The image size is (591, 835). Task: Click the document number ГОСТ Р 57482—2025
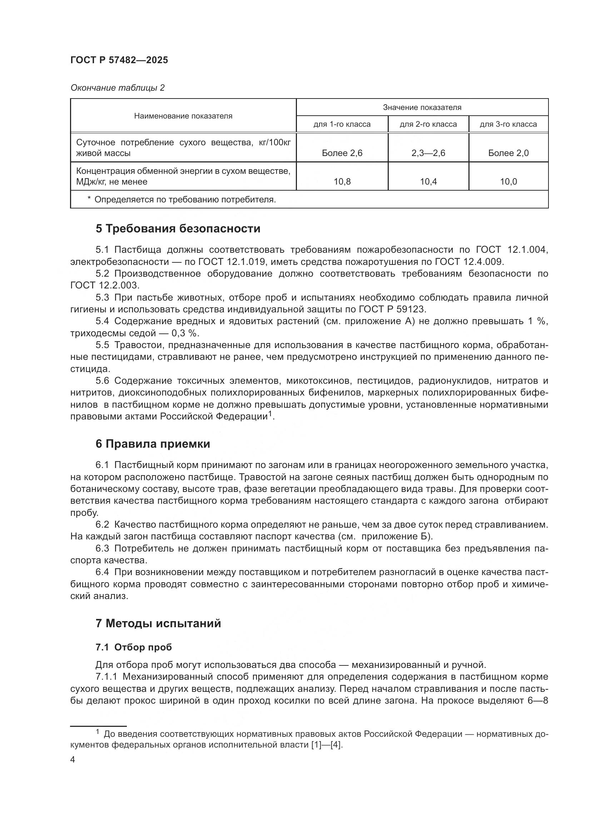tap(119, 60)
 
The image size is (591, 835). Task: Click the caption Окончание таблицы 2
tap(117, 88)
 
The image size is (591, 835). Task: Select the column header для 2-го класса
tap(428, 124)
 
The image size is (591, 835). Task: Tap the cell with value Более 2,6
tap(342, 153)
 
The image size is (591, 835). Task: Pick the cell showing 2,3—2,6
tap(428, 153)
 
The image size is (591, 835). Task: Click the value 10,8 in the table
tap(342, 182)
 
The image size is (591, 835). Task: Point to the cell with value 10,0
tap(508, 182)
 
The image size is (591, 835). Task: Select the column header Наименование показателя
tap(183, 116)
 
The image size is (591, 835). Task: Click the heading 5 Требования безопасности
tap(178, 229)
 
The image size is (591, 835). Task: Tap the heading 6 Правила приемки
tap(153, 444)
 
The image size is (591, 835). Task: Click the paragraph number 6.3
tap(102, 548)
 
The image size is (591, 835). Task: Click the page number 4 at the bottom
tap(73, 760)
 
